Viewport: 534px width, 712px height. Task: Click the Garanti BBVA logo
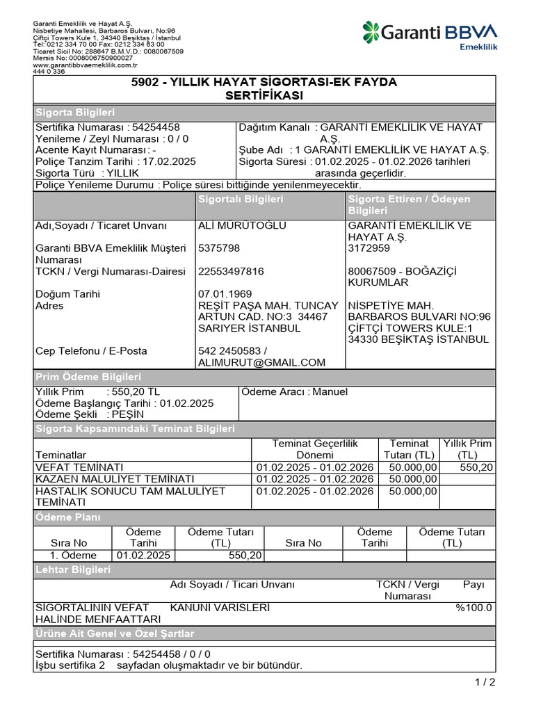[429, 34]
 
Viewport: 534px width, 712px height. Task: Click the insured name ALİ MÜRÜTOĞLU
[242, 225]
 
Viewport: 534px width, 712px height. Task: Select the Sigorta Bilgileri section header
[75, 113]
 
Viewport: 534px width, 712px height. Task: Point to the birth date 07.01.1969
[225, 294]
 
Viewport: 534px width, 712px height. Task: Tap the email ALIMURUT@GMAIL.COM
[261, 362]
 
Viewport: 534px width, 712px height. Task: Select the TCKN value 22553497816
[231, 271]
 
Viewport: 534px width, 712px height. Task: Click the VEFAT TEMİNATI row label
[79, 467]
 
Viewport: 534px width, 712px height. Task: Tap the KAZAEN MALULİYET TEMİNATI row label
[115, 479]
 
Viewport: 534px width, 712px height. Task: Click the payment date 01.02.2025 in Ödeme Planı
[143, 556]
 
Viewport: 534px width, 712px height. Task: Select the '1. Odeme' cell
[73, 556]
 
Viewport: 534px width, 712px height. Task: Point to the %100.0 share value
[474, 608]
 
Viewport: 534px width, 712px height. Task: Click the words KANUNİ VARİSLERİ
[220, 608]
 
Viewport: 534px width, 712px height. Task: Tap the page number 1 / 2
[485, 682]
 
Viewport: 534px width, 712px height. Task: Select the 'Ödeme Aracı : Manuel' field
[294, 392]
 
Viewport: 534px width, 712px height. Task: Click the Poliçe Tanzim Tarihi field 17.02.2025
[115, 161]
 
